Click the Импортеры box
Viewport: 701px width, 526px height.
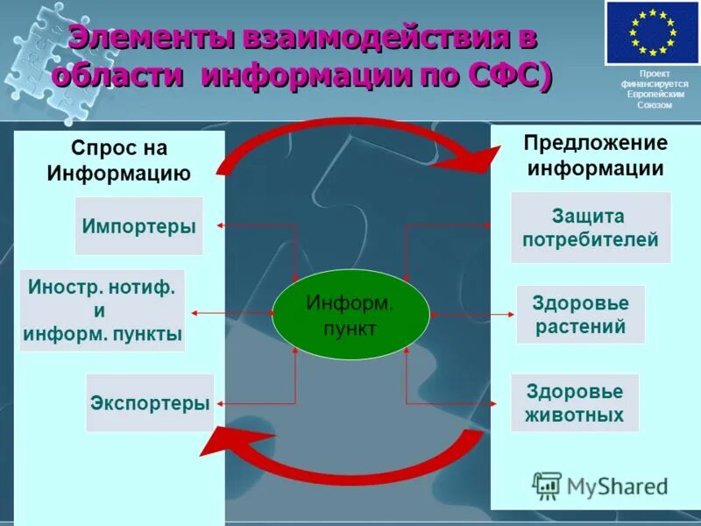(x=138, y=226)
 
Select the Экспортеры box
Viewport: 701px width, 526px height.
(x=150, y=403)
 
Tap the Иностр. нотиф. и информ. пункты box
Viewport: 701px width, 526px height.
(x=103, y=310)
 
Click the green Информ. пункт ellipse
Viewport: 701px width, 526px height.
(x=350, y=315)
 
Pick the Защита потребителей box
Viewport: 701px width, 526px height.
(x=591, y=228)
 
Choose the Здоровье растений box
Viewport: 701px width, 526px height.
(x=580, y=315)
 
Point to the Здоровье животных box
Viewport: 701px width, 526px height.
(x=575, y=403)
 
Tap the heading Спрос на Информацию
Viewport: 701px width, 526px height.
(x=119, y=160)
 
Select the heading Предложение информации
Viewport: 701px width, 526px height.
(x=595, y=155)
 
